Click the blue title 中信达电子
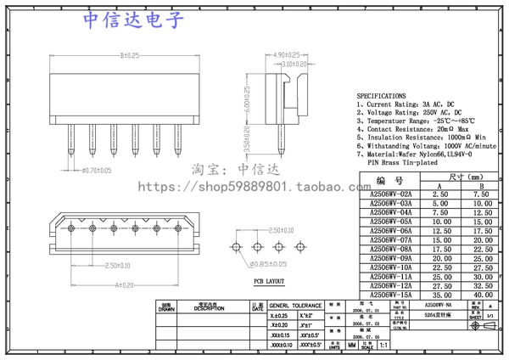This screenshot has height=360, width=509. pos(134,21)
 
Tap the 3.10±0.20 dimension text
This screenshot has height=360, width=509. pos(294,64)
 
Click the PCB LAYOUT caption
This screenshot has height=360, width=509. pos(269,280)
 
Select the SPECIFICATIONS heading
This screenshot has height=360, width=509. pos(381,96)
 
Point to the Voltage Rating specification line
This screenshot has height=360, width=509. pos(409,112)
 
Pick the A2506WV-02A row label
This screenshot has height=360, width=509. pos(391,194)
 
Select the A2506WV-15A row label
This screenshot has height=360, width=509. pos(391,295)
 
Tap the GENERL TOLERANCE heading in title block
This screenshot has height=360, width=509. pos(296,304)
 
